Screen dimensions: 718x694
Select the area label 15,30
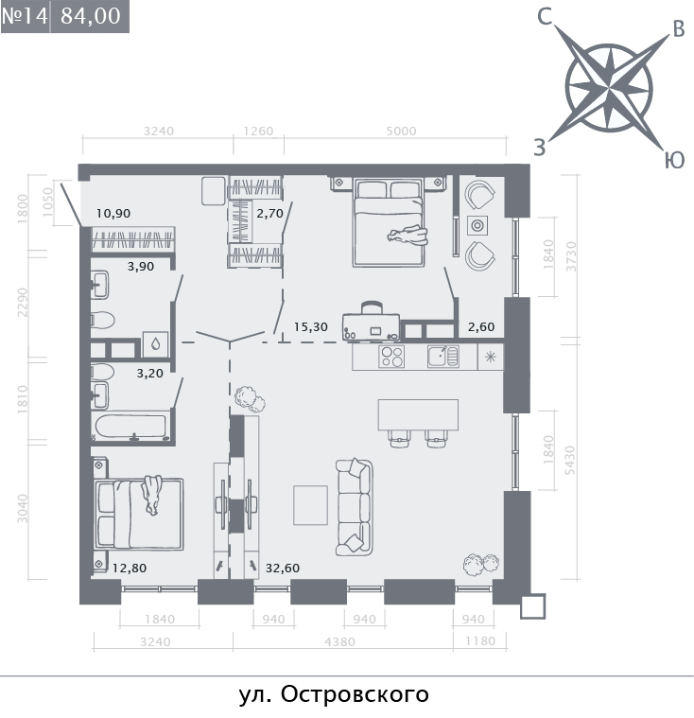point(310,326)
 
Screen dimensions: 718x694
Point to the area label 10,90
point(113,213)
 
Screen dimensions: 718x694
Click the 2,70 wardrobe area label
point(269,213)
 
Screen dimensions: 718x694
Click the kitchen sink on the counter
point(442,357)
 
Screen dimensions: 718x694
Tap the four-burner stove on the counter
point(391,357)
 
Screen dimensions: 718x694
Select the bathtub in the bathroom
point(130,426)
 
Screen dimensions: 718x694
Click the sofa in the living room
point(354,506)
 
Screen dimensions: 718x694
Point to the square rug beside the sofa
point(311,504)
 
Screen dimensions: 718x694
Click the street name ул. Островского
point(334,695)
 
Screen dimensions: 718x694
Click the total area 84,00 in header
point(90,16)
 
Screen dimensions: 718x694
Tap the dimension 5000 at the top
point(401,131)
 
